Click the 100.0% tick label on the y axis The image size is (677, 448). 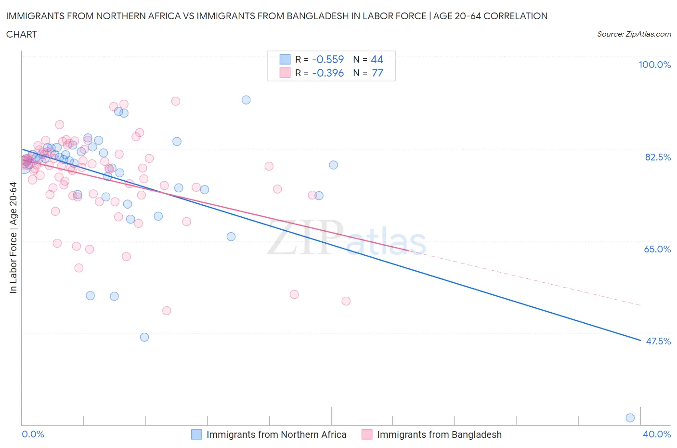[x=654, y=65]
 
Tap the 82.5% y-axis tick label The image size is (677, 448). [x=657, y=157]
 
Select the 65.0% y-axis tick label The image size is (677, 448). [x=657, y=249]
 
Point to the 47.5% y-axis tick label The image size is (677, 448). [x=658, y=341]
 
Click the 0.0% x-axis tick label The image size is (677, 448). [x=33, y=434]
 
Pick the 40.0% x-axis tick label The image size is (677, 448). [x=657, y=434]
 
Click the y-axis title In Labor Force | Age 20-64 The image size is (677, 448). [x=13, y=237]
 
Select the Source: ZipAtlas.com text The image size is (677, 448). [x=634, y=34]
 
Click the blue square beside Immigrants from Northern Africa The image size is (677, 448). [x=196, y=435]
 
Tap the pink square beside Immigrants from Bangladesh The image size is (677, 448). [x=367, y=435]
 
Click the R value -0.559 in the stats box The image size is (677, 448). [x=328, y=59]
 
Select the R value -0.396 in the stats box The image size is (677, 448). [x=328, y=73]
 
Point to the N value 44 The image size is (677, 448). [x=377, y=59]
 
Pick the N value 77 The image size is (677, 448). [x=378, y=73]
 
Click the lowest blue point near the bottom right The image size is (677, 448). [x=630, y=418]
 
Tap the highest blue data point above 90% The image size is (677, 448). [x=246, y=100]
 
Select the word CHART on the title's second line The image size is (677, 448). [x=22, y=34]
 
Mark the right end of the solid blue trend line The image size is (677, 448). [x=640, y=341]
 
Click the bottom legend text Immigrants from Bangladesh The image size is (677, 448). [x=439, y=435]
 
